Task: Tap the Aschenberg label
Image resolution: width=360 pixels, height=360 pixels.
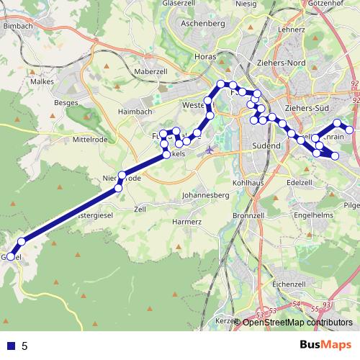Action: [x=204, y=24]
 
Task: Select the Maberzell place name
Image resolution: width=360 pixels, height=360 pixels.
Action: [x=150, y=71]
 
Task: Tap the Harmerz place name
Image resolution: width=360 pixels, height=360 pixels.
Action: [x=186, y=222]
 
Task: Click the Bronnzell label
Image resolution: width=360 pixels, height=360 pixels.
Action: [x=250, y=215]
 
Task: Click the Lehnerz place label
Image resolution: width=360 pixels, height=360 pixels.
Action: [x=291, y=30]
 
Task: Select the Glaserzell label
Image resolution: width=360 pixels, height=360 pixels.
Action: [x=180, y=4]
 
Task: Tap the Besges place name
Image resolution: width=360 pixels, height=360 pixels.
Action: [x=66, y=103]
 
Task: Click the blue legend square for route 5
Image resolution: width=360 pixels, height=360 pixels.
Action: [x=11, y=346]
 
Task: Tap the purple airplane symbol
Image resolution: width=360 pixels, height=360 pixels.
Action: [x=210, y=150]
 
